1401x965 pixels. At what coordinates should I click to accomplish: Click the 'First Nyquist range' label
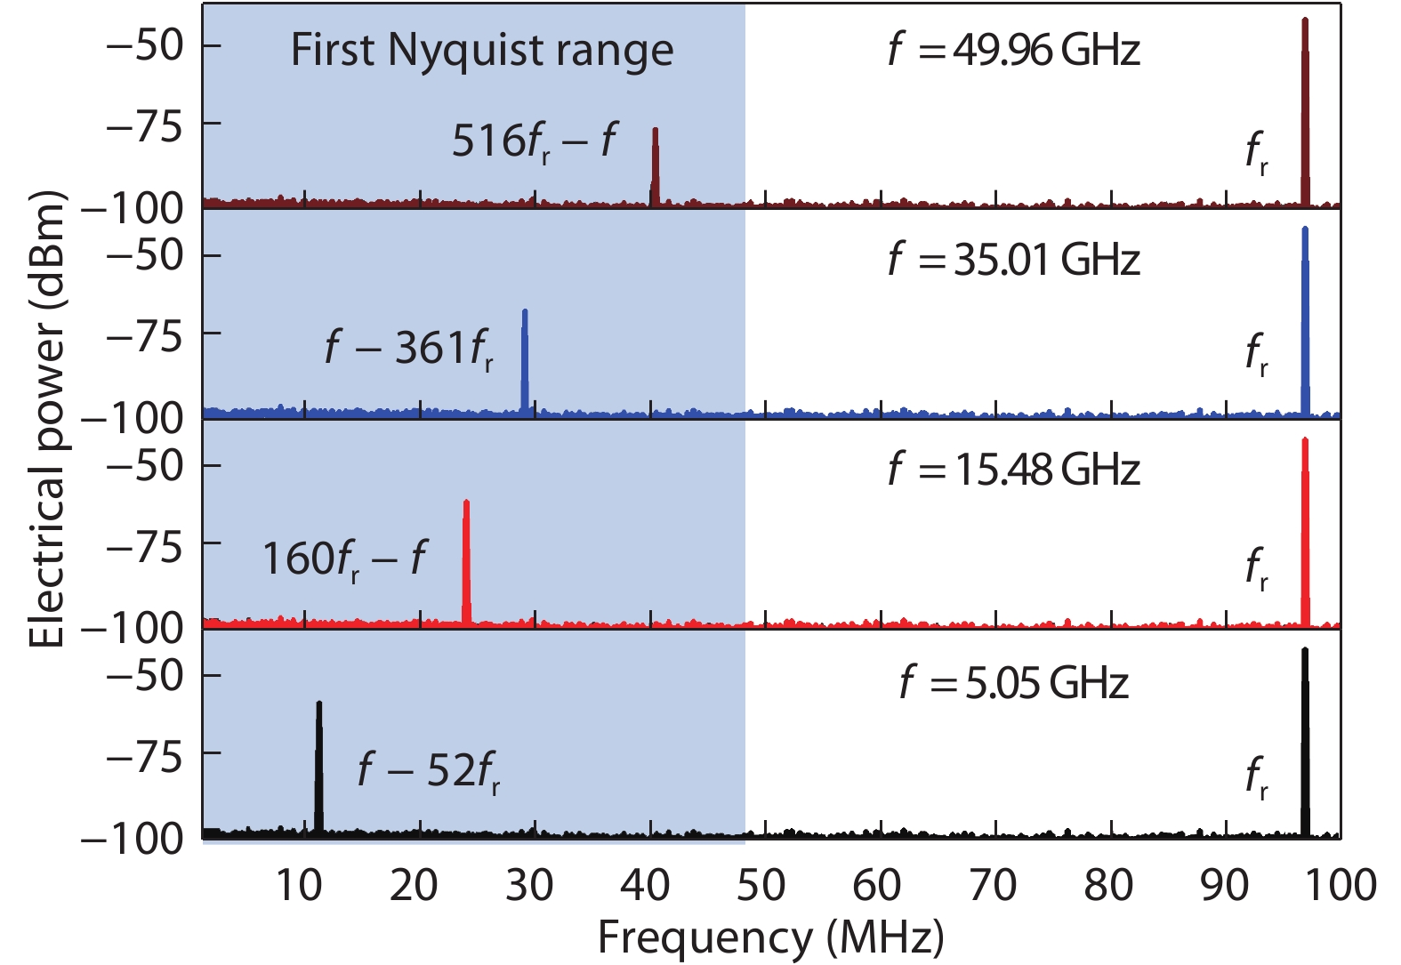point(481,51)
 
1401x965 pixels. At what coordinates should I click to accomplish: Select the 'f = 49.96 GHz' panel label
point(1014,50)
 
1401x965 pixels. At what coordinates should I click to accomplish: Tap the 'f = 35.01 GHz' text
point(1014,260)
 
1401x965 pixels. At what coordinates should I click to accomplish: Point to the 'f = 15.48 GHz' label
point(1014,470)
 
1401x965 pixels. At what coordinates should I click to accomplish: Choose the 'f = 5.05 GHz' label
point(1014,683)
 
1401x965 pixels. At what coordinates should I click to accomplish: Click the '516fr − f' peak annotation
point(534,141)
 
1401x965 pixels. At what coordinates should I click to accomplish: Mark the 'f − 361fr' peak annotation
point(409,349)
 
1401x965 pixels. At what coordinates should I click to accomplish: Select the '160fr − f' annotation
point(344,559)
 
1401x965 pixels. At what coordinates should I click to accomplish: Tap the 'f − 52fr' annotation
point(429,771)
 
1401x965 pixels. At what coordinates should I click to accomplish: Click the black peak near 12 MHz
point(318,765)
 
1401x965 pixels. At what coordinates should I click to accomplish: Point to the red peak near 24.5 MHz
point(466,560)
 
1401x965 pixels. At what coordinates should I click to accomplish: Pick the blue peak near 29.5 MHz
point(525,360)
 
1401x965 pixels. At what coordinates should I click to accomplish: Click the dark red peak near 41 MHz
point(656,165)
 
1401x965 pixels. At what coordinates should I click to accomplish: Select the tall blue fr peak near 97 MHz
point(1305,320)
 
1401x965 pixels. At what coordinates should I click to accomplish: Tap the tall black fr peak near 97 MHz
point(1305,743)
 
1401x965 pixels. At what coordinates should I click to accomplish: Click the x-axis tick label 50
point(761,886)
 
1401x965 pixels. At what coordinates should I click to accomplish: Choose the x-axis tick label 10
point(299,886)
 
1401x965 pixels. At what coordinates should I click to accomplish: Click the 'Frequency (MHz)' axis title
point(770,937)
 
